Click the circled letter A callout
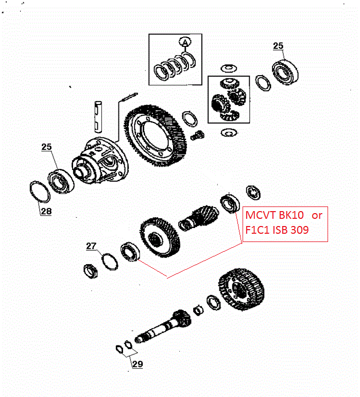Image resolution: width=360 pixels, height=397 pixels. coord(184,42)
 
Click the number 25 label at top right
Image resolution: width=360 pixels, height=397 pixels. coord(278,46)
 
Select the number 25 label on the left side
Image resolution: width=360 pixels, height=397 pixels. coord(46,147)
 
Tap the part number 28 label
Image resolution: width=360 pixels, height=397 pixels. coord(46,211)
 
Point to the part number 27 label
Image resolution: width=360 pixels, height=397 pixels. coord(91,246)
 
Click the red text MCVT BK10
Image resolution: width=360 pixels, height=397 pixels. coord(274,215)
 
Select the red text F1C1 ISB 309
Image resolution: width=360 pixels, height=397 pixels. coord(277,230)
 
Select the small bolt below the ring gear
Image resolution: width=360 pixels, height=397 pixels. coord(196,136)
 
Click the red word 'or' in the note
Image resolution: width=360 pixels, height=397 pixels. coord(317,215)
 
